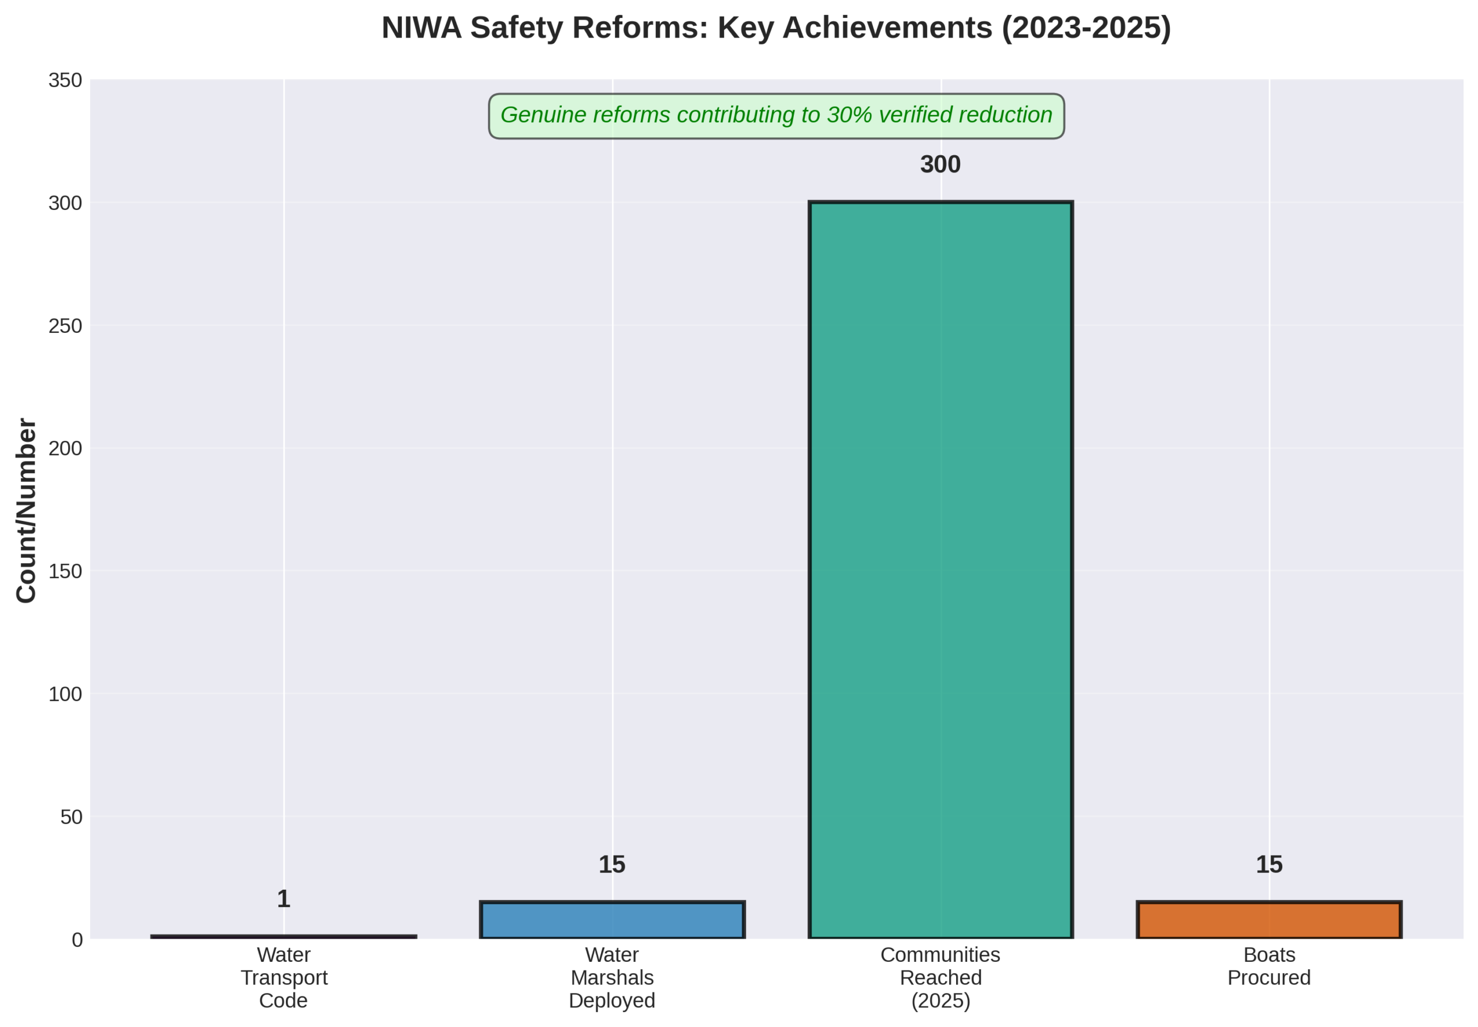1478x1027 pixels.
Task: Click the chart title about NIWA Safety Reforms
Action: coord(776,28)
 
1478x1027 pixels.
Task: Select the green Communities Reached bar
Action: coord(940,569)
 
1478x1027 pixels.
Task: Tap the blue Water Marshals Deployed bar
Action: coord(612,920)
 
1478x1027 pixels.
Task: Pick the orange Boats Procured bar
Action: coord(1269,920)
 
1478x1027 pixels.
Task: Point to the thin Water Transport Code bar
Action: coord(284,936)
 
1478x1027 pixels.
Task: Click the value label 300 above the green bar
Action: coord(940,165)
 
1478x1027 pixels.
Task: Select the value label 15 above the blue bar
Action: coord(611,865)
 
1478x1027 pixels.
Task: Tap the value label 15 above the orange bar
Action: coord(1269,865)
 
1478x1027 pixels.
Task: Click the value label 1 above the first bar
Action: coord(283,899)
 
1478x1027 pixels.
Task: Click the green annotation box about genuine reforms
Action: coord(776,116)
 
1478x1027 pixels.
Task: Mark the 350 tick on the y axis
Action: coord(66,80)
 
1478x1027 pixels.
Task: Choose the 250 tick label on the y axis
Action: coord(66,326)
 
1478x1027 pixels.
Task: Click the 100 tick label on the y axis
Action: coord(66,694)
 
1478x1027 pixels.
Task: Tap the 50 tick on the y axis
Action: coord(72,817)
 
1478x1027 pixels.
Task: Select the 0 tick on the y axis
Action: coord(77,940)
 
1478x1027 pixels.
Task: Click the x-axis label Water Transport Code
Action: coord(284,977)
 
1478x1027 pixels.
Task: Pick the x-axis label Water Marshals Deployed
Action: coord(611,977)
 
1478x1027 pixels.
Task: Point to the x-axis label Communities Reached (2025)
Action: coord(940,977)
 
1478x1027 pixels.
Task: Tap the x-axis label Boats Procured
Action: coord(1269,966)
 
